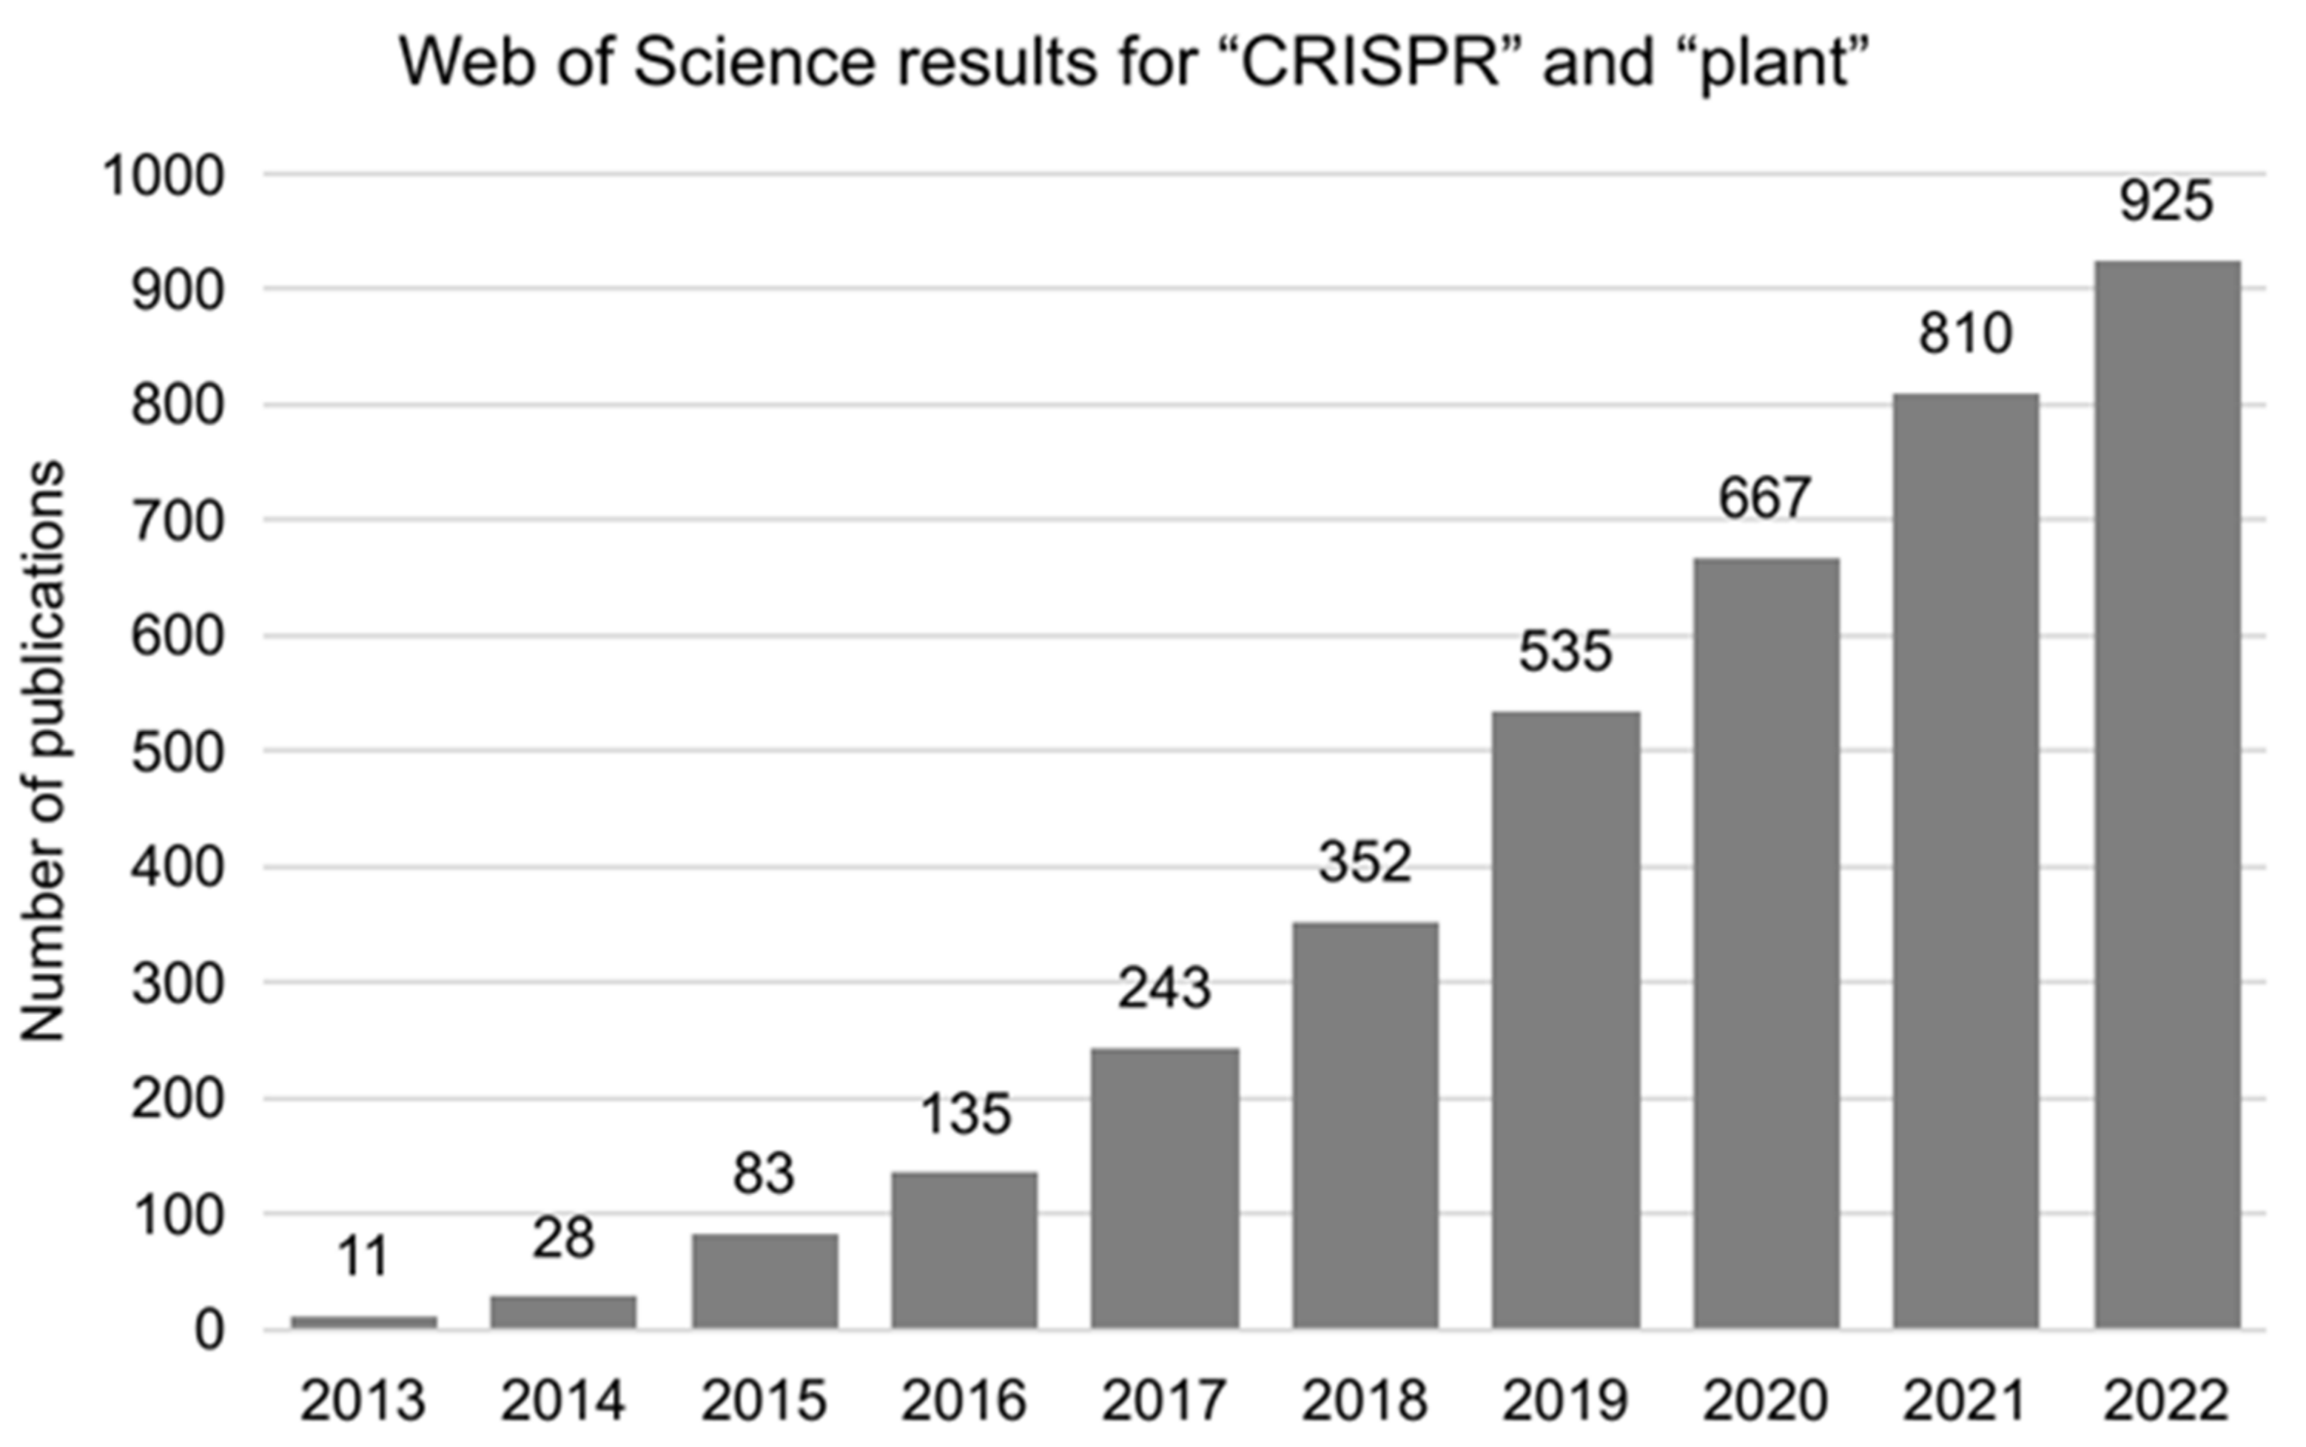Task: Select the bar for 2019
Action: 1565,1019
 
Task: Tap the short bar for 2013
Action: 364,1322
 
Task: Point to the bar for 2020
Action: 1766,942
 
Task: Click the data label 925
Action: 2166,202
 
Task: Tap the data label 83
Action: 764,1174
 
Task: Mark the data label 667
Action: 1765,498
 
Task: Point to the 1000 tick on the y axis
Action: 164,177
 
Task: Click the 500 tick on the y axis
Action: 178,753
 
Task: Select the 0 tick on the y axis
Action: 209,1331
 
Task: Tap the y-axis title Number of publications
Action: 43,752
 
